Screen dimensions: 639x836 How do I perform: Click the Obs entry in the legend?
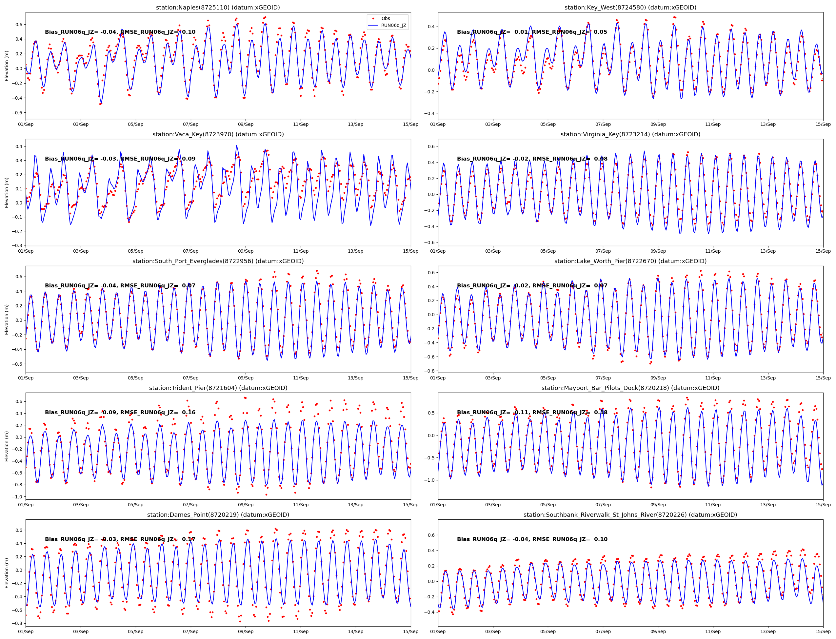point(386,19)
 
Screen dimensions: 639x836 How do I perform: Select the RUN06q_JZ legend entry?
point(393,26)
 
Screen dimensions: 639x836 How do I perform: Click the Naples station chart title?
point(218,8)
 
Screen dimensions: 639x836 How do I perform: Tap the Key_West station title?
point(630,8)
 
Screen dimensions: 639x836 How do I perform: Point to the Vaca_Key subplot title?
point(218,134)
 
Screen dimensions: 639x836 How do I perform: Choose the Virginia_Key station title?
point(630,134)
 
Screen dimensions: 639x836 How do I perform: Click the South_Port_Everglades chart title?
point(218,261)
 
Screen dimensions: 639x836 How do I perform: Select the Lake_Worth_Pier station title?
point(630,261)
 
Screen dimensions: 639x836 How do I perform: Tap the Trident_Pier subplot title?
point(218,388)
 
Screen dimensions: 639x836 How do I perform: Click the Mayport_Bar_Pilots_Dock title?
point(630,388)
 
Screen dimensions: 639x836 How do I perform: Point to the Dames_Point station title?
point(218,514)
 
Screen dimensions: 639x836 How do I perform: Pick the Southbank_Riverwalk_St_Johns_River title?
point(630,514)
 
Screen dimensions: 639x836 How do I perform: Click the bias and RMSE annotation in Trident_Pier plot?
point(120,412)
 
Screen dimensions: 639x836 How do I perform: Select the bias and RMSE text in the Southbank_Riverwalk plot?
point(532,539)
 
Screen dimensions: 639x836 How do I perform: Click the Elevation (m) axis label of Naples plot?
point(7,66)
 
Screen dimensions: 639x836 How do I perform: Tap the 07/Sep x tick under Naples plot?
point(190,125)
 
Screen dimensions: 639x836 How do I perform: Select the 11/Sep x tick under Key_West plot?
point(713,125)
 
